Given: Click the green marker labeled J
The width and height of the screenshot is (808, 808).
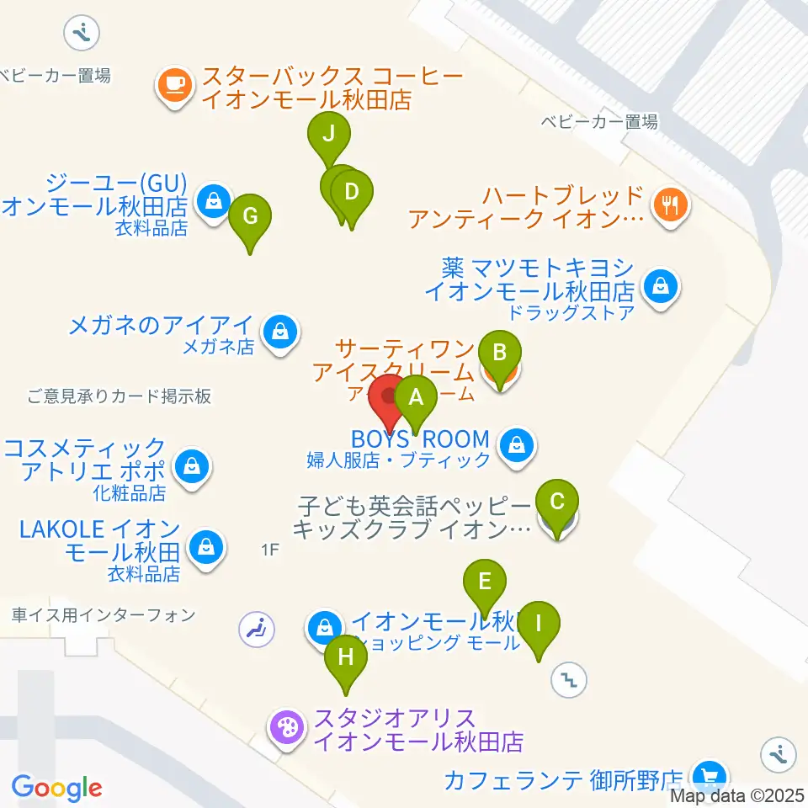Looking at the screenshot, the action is click(328, 134).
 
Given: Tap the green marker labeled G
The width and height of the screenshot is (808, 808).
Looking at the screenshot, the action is click(250, 215).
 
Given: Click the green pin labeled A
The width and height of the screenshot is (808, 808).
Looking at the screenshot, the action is click(415, 397).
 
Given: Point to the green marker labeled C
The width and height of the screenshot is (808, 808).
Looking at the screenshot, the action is click(557, 502).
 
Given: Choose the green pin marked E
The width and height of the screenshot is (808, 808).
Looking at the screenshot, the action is click(484, 582).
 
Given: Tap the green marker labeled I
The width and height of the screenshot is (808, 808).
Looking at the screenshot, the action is click(539, 625).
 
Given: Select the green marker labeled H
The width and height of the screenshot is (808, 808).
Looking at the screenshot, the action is click(346, 657).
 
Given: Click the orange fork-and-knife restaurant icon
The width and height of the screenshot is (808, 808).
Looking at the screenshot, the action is click(670, 203).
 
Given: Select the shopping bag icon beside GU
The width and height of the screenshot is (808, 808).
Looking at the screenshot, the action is click(215, 202).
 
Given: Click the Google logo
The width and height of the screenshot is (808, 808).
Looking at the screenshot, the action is click(56, 788).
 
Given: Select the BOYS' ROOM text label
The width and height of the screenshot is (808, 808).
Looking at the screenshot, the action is click(420, 439).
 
